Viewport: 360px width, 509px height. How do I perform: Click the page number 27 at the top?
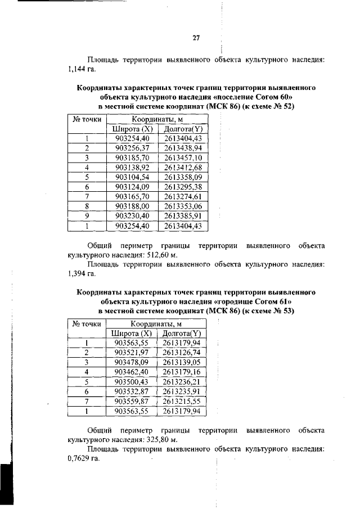click(x=196, y=38)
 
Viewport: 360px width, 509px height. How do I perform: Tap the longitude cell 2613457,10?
click(x=183, y=158)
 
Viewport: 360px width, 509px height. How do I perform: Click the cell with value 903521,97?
click(x=131, y=352)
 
